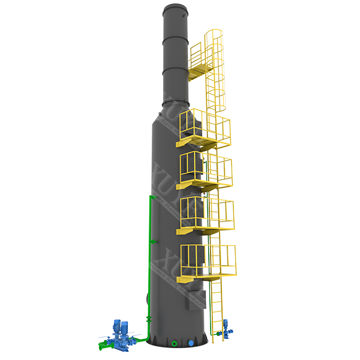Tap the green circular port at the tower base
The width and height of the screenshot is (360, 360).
174,343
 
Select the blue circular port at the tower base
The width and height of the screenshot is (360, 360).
191,343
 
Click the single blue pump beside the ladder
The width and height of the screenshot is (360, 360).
226,328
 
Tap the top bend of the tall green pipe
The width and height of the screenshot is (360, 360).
151,196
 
